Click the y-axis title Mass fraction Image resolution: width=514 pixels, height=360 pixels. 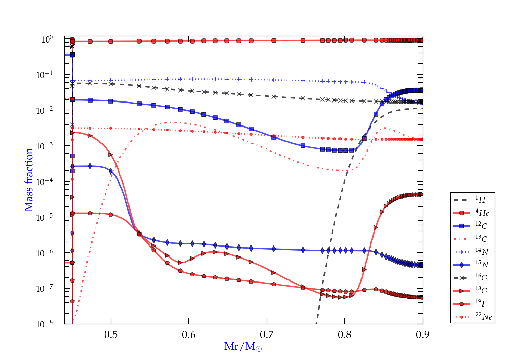tap(29, 180)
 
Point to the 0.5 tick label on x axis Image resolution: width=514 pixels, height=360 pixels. tap(111, 335)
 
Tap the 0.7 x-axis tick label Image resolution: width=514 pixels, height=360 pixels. tap(267, 335)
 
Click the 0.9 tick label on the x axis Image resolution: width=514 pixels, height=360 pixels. tap(423, 335)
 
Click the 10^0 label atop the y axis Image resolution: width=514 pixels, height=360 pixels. tap(47, 39)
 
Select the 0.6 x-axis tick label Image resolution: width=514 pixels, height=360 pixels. tap(189, 335)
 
